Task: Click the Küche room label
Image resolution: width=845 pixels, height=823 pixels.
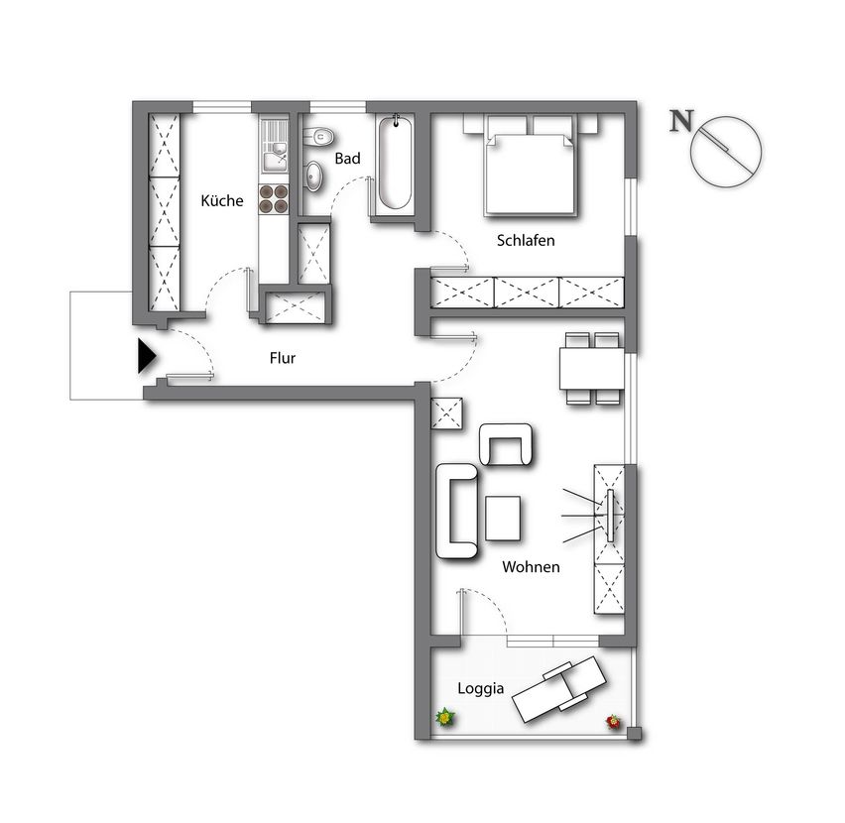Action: coord(222,200)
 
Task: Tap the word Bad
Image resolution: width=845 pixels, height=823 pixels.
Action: coord(347,159)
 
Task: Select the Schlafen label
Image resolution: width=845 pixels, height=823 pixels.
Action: coord(526,240)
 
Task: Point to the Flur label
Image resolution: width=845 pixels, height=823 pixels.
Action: coord(283,358)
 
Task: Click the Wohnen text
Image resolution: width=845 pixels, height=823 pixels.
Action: coord(531,566)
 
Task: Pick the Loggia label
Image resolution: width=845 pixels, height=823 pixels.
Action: coord(481,688)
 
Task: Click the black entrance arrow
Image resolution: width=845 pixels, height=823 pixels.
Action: coord(147,356)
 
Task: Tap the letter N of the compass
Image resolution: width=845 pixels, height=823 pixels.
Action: coord(681,121)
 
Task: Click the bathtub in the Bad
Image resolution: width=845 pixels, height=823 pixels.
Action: coord(396,164)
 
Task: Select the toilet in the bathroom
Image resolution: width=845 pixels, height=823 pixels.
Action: coord(318,135)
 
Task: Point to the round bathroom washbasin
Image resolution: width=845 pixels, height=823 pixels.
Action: coord(313,176)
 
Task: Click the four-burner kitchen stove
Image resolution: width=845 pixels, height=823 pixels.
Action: coord(274,198)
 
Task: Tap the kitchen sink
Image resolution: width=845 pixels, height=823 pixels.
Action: coord(275,145)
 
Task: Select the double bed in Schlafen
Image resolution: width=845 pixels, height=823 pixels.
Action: coord(531,166)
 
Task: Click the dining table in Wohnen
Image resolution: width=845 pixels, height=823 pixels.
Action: coord(592,369)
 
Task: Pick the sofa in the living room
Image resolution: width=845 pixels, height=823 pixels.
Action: coord(456,511)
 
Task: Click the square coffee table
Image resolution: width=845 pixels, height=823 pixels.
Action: coord(503,519)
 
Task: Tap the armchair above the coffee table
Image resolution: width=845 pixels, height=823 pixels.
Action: coord(506,444)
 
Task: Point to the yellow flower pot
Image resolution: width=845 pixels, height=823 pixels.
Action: coord(445,718)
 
